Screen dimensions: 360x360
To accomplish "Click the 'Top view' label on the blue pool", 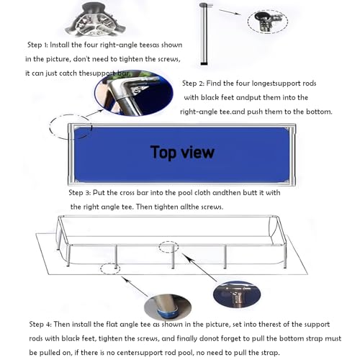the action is [x=182, y=153].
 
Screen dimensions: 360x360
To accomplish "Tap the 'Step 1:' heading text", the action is [x=37, y=45].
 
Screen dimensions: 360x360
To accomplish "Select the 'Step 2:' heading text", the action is [x=193, y=84].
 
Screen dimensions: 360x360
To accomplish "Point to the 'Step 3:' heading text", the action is [x=80, y=193].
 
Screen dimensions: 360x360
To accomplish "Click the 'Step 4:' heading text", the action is [x=40, y=324].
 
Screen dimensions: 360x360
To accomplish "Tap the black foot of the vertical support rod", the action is [x=204, y=64].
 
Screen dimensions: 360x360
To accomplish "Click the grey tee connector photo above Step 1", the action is [x=96, y=19].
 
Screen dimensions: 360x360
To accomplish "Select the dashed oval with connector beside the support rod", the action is [x=268, y=22].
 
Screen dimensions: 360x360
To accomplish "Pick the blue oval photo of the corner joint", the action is [x=134, y=93].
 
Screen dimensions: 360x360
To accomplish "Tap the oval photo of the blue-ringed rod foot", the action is [x=168, y=307].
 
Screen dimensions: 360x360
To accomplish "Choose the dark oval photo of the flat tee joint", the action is [x=237, y=294].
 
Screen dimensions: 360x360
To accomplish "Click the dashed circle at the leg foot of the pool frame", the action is [x=110, y=264].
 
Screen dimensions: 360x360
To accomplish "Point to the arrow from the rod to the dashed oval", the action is [x=230, y=12].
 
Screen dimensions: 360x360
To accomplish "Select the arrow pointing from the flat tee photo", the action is [x=199, y=267].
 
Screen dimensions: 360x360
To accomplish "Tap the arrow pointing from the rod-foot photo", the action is [x=135, y=287].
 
